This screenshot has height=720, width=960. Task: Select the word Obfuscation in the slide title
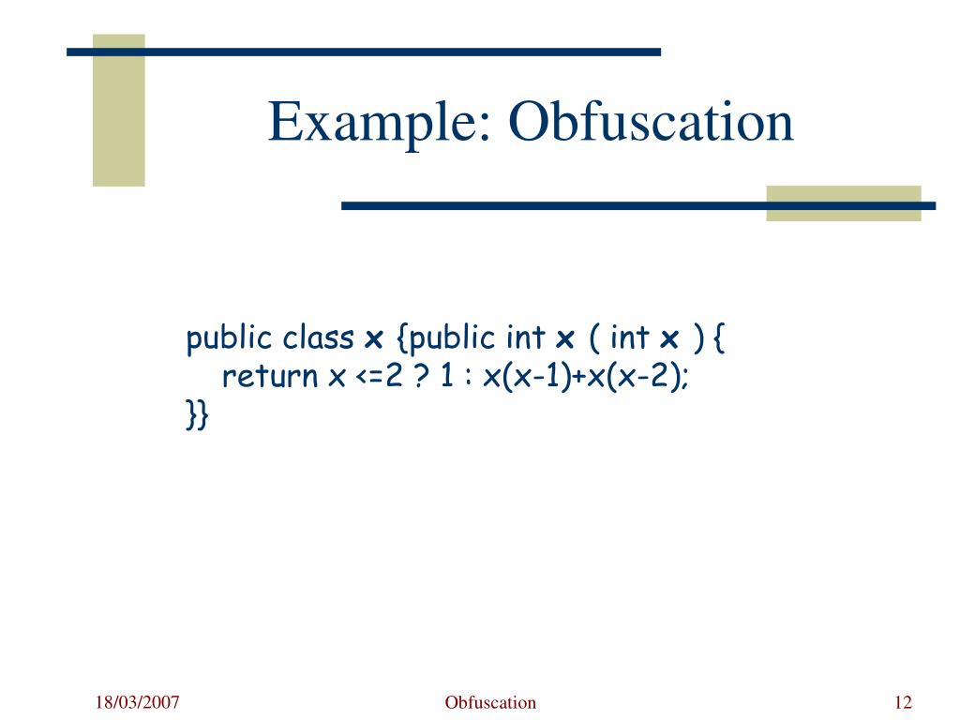(x=651, y=123)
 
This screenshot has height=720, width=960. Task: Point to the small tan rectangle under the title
(x=843, y=203)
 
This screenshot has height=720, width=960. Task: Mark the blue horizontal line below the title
(x=637, y=205)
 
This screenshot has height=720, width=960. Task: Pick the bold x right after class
(x=373, y=338)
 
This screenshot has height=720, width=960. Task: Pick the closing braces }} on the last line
(x=196, y=414)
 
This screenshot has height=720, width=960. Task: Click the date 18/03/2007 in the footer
(x=136, y=703)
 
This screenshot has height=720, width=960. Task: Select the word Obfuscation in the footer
(x=490, y=703)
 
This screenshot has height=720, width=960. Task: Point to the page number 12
(x=904, y=703)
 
